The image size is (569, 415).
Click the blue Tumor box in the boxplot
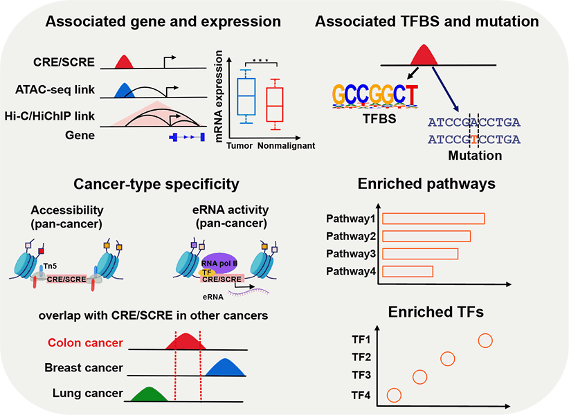pos(246,96)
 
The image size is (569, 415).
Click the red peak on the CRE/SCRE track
pos(124,63)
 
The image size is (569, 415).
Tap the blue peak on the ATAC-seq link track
pos(124,89)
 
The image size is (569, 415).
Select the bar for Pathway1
pos(433,219)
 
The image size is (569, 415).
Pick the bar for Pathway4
pos(408,270)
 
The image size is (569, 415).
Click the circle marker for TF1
pos(485,340)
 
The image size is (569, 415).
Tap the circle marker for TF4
pos(394,395)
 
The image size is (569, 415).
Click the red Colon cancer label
pos(85,343)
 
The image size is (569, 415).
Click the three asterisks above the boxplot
pos(260,62)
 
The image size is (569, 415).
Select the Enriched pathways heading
pos(426,185)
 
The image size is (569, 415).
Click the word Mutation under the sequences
pos(474,156)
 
